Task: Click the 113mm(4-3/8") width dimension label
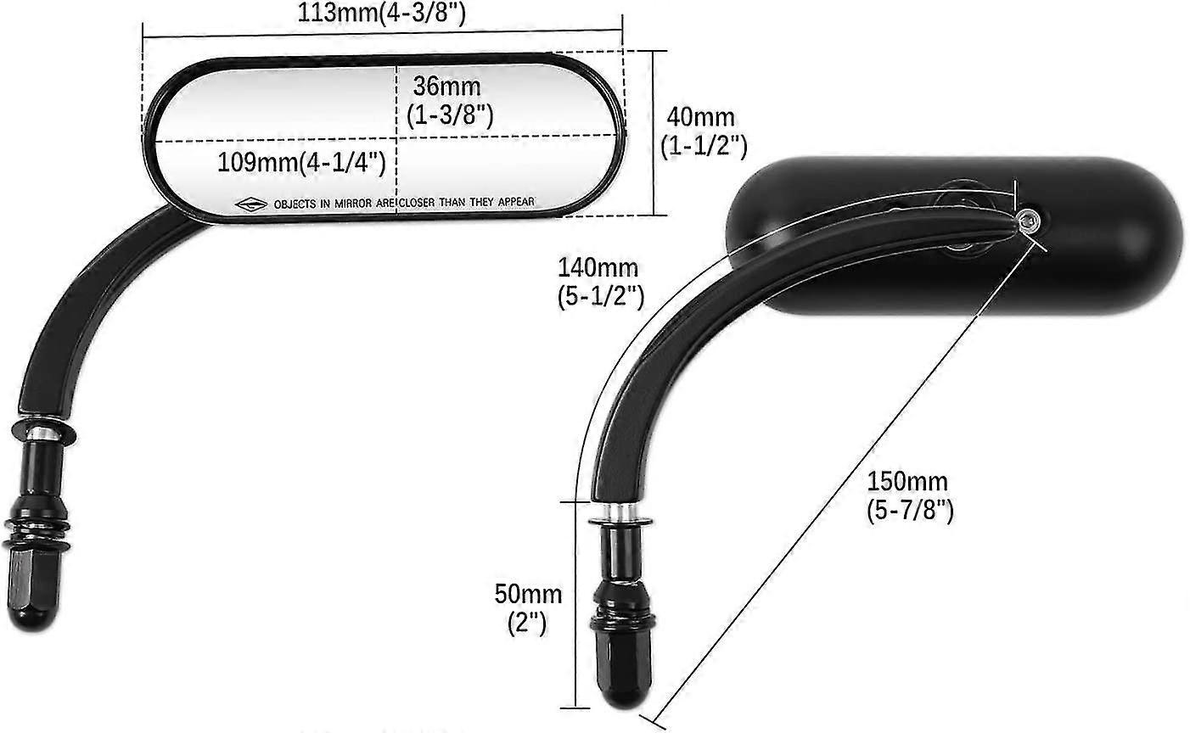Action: click(382, 14)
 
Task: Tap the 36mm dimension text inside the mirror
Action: click(446, 87)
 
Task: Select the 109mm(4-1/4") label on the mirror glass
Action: click(302, 161)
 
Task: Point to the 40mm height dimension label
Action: click(702, 117)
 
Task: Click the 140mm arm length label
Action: click(598, 268)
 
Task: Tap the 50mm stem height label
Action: click(528, 594)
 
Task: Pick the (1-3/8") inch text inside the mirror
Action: click(450, 115)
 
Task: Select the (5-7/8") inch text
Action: click(910, 511)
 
